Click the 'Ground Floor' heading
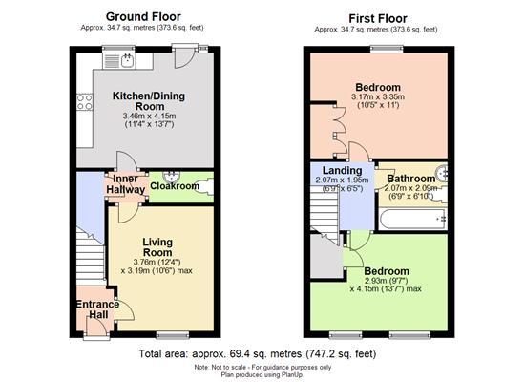pyautogui.click(x=145, y=16)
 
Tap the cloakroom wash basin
pyautogui.click(x=172, y=175)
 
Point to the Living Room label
pyautogui.click(x=157, y=248)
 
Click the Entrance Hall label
pyautogui.click(x=97, y=311)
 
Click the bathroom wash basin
pyautogui.click(x=442, y=175)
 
